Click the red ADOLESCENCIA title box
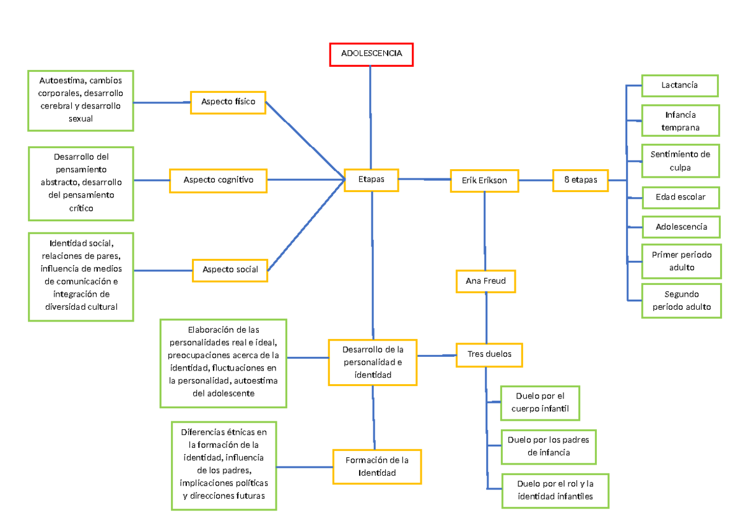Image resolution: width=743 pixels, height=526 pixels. (371, 54)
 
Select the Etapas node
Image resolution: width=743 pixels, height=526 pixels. (371, 180)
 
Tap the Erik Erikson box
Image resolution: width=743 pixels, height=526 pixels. (484, 180)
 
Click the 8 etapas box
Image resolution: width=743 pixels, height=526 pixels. (580, 180)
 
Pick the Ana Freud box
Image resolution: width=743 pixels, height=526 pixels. (485, 281)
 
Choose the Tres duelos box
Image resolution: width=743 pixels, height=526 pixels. (489, 355)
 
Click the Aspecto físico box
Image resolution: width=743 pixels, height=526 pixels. (228, 102)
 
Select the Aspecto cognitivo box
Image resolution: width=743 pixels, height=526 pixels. (218, 180)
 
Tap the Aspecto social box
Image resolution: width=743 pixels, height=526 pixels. (230, 270)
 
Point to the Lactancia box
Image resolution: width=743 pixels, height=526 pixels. (679, 85)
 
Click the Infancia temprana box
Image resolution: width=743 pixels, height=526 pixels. (680, 121)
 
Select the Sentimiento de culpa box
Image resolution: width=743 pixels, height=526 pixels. (680, 160)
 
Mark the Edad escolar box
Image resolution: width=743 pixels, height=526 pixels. (680, 198)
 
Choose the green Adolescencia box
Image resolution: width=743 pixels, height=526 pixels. (681, 227)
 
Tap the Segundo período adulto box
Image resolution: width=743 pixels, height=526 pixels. (681, 300)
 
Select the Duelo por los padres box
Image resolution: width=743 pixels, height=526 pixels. (548, 446)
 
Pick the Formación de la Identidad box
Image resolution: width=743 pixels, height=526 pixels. (376, 467)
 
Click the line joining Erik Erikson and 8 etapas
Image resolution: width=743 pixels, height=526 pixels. (536, 180)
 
